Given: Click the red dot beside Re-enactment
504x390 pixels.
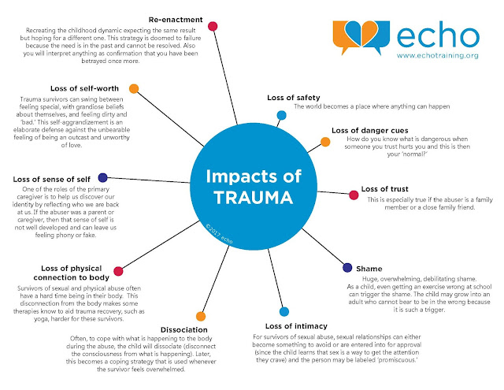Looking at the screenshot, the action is (213, 26).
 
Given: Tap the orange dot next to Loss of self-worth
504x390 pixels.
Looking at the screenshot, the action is (134, 87).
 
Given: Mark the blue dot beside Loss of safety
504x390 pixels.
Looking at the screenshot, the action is (281, 115).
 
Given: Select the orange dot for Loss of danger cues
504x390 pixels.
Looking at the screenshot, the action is (324, 143).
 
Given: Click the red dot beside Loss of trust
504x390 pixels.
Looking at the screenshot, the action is (352, 192).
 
